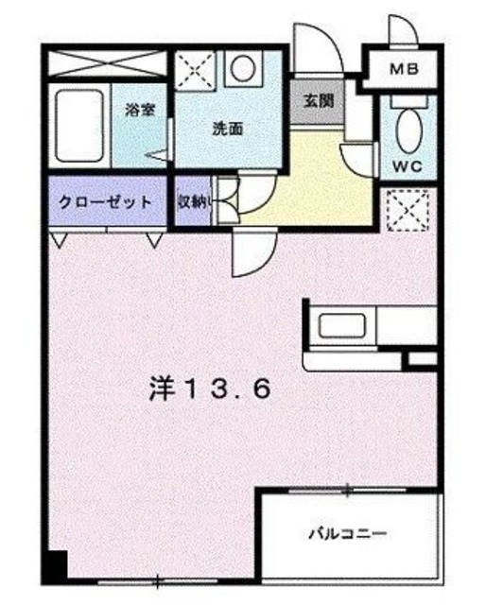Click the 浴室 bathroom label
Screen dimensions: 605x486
click(140, 110)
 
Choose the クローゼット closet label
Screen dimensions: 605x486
click(104, 202)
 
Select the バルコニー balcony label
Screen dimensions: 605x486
click(346, 534)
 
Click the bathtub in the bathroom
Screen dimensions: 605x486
click(80, 126)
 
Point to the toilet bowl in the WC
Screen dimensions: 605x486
click(408, 128)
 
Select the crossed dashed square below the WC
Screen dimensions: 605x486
click(408, 208)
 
